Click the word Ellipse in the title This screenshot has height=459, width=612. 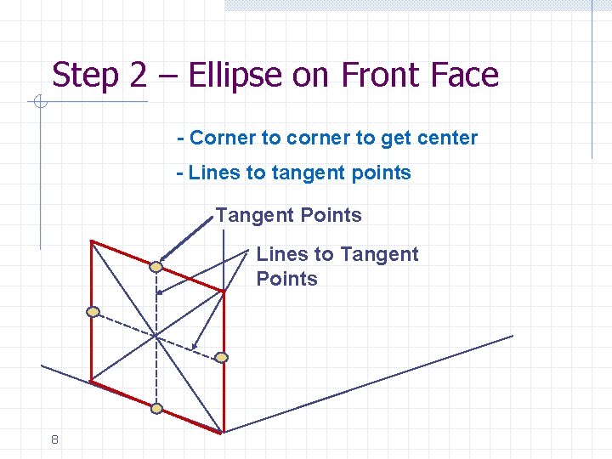[x=234, y=76]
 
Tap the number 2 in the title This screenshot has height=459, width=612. [x=138, y=76]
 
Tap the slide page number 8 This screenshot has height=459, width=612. [x=54, y=439]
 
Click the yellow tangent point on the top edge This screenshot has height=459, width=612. [x=156, y=267]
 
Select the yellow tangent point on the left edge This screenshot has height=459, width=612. [x=93, y=312]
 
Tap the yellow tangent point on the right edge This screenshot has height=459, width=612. [x=221, y=357]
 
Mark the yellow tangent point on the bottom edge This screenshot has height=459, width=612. [x=156, y=408]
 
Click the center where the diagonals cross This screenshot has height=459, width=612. [x=156, y=337]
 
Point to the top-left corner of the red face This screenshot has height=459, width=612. [x=91, y=241]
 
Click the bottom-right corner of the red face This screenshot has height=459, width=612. [x=223, y=432]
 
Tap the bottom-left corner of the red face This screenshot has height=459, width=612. [x=91, y=380]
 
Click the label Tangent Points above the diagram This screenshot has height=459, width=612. [x=288, y=216]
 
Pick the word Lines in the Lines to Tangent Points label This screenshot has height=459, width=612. [x=283, y=254]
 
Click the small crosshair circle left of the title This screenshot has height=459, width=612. [x=39, y=104]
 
